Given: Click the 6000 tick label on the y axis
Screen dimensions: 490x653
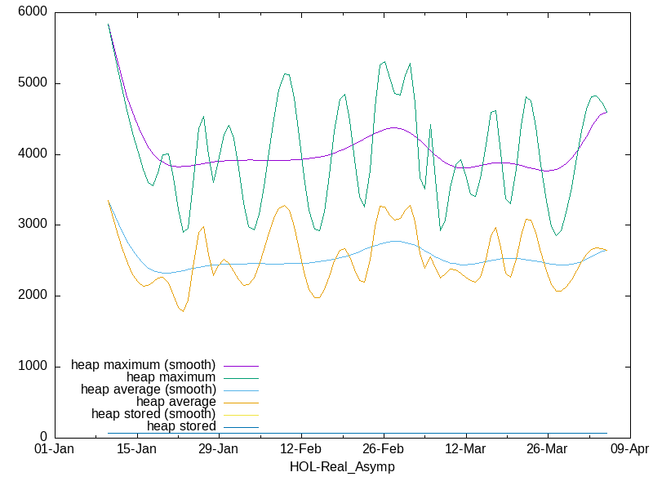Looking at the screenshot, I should coord(31,13).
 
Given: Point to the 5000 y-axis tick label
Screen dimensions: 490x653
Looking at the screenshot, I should coord(31,83).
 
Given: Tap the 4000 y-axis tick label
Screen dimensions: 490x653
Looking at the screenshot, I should coord(31,154).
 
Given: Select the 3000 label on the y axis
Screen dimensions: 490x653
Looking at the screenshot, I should coord(31,225).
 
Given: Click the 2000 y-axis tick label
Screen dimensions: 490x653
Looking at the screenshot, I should coord(31,296).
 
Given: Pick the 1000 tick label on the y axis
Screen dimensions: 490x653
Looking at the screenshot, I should coord(31,367).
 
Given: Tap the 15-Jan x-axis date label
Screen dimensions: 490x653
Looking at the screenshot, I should coord(136,449).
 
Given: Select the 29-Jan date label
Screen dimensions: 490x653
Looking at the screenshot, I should coord(218,449).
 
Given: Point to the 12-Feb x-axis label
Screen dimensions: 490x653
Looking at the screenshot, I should coord(300,449).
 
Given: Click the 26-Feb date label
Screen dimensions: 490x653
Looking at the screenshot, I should coord(383,449).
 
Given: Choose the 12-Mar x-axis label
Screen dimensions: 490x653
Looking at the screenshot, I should coord(465,449).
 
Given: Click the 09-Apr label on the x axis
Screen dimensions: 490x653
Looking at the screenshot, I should coord(629,449).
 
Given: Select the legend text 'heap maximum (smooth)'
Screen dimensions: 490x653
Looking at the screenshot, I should coord(144,364).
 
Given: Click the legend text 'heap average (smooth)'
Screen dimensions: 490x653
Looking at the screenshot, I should coord(148,389).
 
